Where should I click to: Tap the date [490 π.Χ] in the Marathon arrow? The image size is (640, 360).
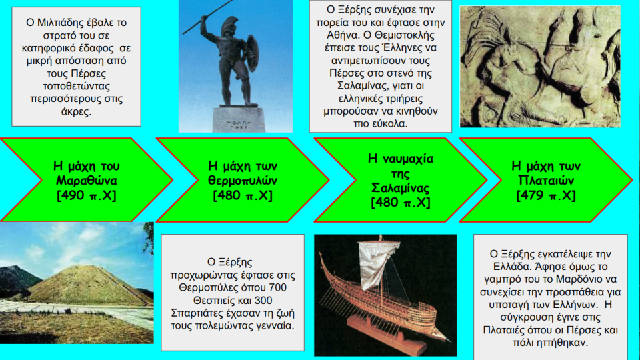(x=87, y=195)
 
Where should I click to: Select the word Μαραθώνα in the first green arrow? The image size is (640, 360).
(x=87, y=181)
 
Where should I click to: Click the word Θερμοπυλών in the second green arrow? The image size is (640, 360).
(x=243, y=181)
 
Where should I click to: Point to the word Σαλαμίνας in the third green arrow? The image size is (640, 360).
(x=401, y=188)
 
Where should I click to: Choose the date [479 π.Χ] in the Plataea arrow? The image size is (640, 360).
(x=546, y=195)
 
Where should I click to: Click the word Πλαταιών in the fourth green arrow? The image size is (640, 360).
(x=546, y=181)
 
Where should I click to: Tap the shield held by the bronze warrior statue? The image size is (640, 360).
(x=251, y=53)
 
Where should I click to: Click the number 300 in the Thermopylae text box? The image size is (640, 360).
(x=263, y=301)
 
